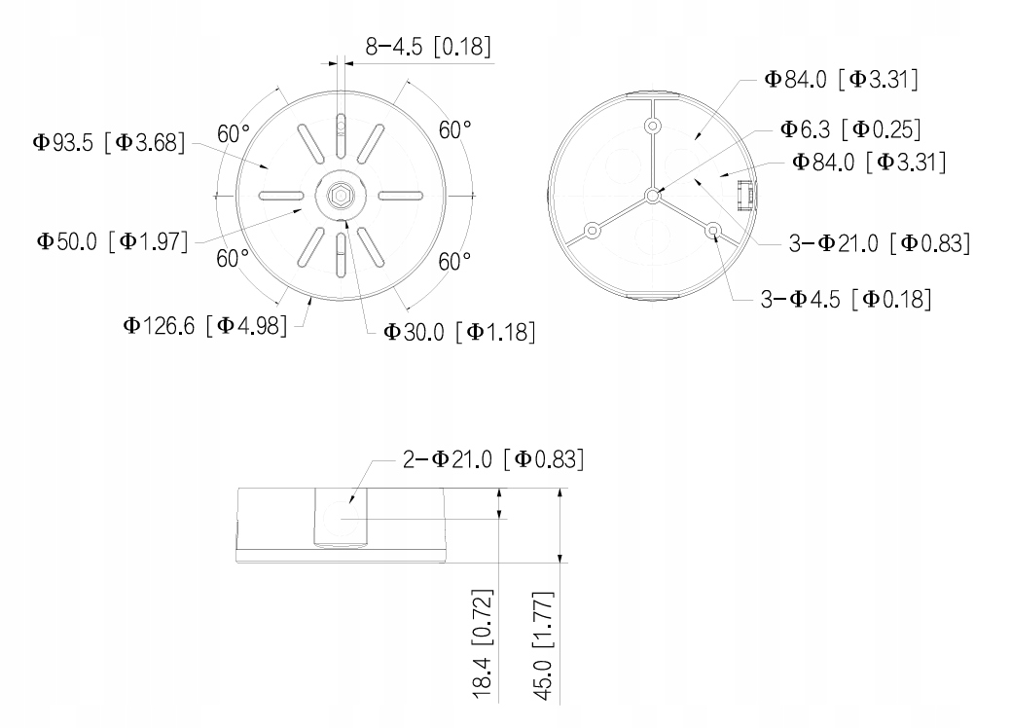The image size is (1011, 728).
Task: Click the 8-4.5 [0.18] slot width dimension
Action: [x=428, y=47]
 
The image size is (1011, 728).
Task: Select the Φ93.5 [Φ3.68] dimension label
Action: [x=109, y=142]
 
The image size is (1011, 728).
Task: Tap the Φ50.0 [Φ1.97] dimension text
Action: [x=112, y=241]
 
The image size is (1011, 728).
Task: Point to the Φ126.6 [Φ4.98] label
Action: [x=205, y=326]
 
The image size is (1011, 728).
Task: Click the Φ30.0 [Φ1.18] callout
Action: [x=459, y=332]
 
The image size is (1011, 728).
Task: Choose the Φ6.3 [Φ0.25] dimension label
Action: [x=850, y=129]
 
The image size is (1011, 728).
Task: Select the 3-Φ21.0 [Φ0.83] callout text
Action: [x=880, y=243]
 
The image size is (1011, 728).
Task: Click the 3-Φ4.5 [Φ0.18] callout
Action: [x=846, y=299]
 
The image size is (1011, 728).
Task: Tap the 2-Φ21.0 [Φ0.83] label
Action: [x=493, y=459]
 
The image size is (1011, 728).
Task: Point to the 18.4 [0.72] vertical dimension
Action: [x=483, y=643]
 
